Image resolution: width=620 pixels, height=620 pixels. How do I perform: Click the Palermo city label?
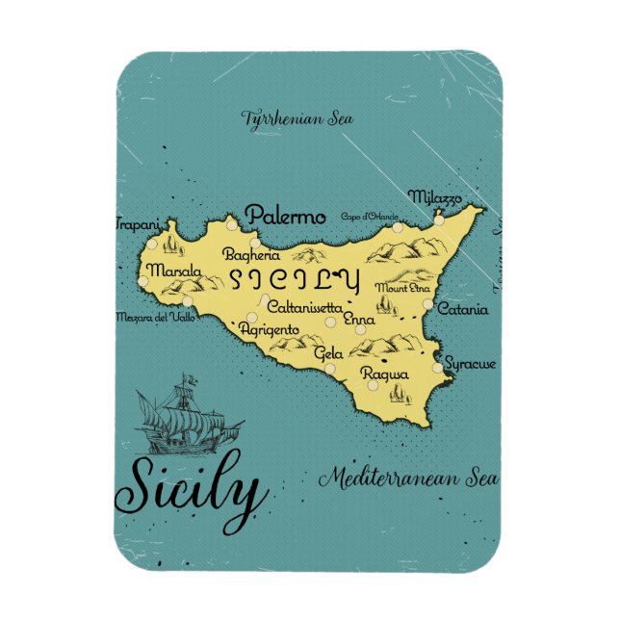(x=286, y=217)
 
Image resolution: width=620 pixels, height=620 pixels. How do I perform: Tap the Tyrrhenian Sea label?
(x=297, y=119)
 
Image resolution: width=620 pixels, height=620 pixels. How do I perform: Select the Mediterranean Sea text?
(x=409, y=477)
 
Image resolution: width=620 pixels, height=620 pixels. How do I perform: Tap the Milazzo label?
(x=434, y=197)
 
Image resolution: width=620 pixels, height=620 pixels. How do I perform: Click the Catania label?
(x=463, y=310)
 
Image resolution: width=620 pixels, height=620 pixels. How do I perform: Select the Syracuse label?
(x=471, y=364)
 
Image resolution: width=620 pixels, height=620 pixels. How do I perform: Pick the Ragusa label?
(x=385, y=373)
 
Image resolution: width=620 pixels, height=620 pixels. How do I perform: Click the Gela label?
(x=328, y=353)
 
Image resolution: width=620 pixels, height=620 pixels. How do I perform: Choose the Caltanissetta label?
(x=303, y=307)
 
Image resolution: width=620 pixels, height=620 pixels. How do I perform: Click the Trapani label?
(x=136, y=224)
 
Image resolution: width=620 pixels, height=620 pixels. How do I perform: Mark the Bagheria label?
(x=251, y=255)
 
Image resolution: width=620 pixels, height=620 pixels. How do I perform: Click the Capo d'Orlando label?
(x=370, y=217)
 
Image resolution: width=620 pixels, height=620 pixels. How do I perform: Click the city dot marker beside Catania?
(x=428, y=304)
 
